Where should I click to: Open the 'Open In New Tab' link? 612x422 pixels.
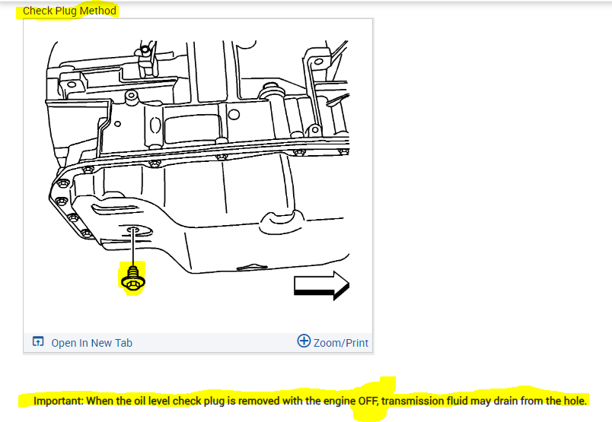pos(91,343)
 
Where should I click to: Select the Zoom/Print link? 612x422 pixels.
pos(341,343)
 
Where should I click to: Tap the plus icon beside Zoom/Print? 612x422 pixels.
pos(304,341)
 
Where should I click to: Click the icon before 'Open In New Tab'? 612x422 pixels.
pos(38,342)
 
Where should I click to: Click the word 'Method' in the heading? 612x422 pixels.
pos(98,11)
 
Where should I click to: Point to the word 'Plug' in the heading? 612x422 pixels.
pos(67,11)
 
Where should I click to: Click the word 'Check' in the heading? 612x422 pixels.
pos(37,11)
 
